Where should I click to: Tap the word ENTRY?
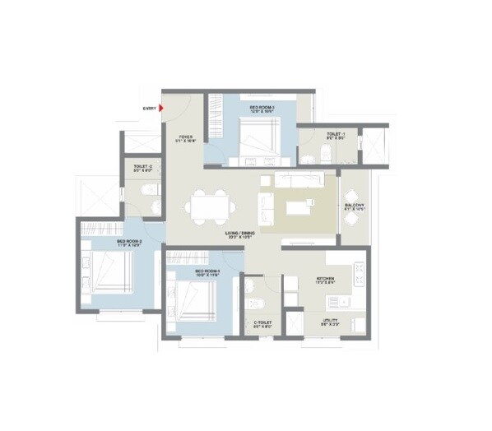(x=149, y=107)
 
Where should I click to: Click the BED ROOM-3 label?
(x=262, y=107)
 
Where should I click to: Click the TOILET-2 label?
(x=142, y=167)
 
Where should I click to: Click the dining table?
(x=211, y=206)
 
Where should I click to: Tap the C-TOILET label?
(x=262, y=323)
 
